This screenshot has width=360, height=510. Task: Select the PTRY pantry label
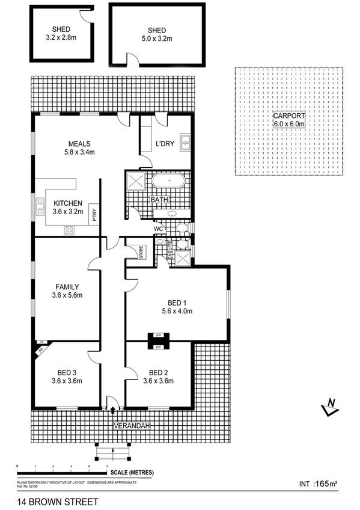pos(94,213)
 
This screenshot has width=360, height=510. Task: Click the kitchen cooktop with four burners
pos(69,229)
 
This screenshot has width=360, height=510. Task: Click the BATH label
pos(159,200)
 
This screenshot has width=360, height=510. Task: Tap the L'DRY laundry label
pos(165,145)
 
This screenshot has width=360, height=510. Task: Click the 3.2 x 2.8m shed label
pos(61,33)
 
